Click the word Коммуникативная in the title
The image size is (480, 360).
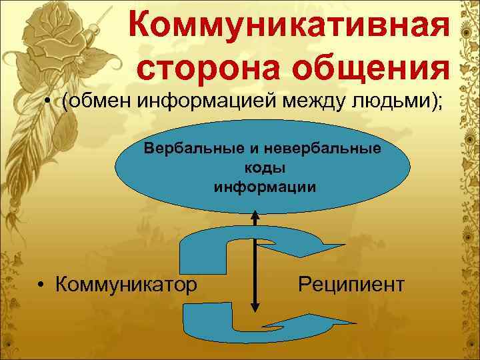tap(287, 26)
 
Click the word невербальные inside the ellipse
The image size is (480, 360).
tap(315, 147)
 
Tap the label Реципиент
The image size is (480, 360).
tap(351, 285)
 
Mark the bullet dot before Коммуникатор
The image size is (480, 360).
tap(41, 285)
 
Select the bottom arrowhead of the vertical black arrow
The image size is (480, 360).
tap(254, 307)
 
